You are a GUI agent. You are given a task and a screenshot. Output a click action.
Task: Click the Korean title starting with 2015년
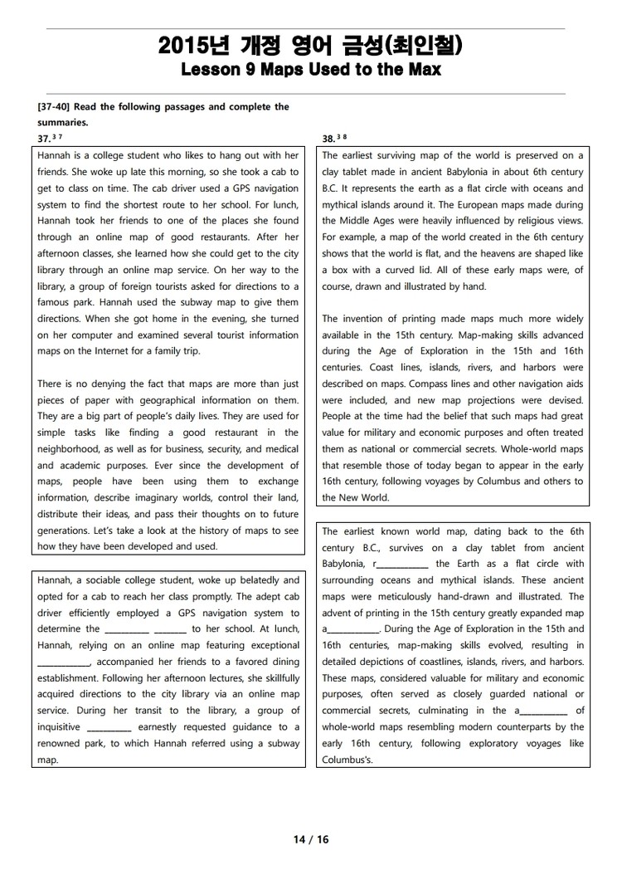point(310,46)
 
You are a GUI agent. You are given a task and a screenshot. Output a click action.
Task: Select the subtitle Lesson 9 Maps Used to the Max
point(310,70)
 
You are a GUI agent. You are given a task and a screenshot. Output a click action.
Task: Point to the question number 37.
point(44,139)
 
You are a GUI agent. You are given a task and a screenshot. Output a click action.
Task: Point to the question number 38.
point(328,139)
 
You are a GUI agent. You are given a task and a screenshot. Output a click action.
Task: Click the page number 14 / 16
point(311,839)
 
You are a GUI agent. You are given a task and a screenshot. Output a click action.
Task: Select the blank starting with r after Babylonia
point(401,565)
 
